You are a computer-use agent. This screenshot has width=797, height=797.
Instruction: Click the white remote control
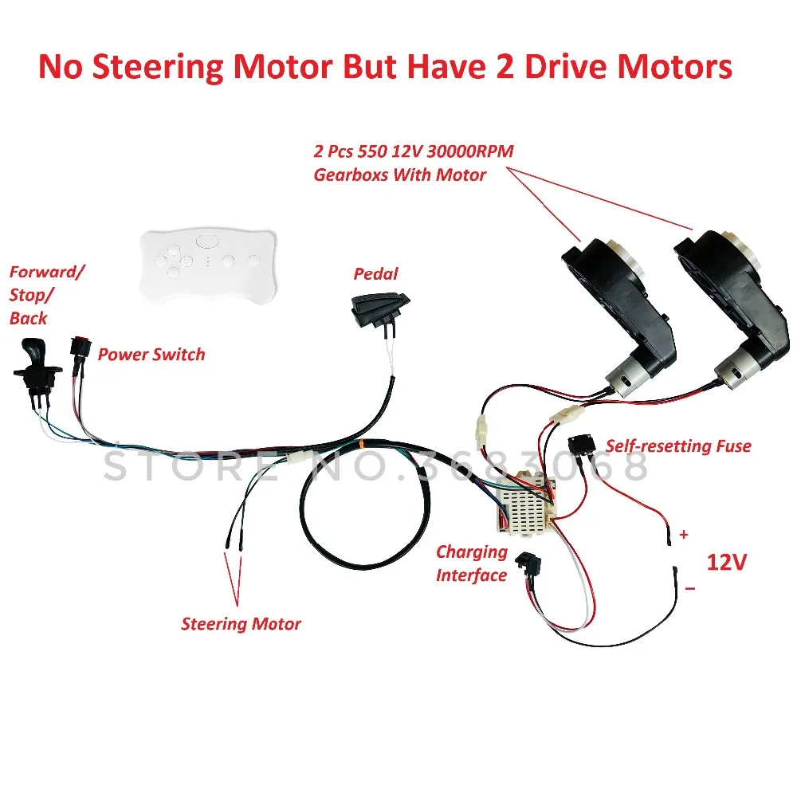pyautogui.click(x=208, y=265)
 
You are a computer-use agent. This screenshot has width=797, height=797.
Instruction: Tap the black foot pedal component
pyautogui.click(x=379, y=309)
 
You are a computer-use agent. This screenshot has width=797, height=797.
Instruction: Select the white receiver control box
pyautogui.click(x=525, y=503)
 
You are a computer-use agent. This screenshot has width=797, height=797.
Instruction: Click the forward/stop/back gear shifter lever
pyautogui.click(x=36, y=367)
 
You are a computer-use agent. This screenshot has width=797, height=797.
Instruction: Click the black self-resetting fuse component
pyautogui.click(x=582, y=446)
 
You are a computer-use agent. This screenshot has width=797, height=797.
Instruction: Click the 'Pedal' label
pyautogui.click(x=375, y=274)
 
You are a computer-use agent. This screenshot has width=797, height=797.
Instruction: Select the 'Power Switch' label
pyautogui.click(x=151, y=355)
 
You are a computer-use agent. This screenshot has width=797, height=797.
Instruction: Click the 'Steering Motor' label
pyautogui.click(x=241, y=624)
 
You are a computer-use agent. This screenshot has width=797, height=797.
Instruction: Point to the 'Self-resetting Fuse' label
pyautogui.click(x=678, y=446)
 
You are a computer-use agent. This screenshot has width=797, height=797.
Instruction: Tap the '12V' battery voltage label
pyautogui.click(x=727, y=562)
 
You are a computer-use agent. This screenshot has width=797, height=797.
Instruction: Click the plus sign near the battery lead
pyautogui.click(x=684, y=534)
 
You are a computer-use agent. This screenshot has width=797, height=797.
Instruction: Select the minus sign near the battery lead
pyautogui.click(x=689, y=589)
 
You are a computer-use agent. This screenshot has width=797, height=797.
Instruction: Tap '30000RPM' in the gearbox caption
pyautogui.click(x=470, y=151)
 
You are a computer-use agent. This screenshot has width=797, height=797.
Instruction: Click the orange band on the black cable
pyautogui.click(x=360, y=444)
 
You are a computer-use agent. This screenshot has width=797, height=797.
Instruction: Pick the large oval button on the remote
pyautogui.click(x=206, y=241)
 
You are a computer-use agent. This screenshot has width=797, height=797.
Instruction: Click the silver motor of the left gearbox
pyautogui.click(x=624, y=377)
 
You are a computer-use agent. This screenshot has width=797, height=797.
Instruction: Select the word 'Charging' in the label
pyautogui.click(x=472, y=552)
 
